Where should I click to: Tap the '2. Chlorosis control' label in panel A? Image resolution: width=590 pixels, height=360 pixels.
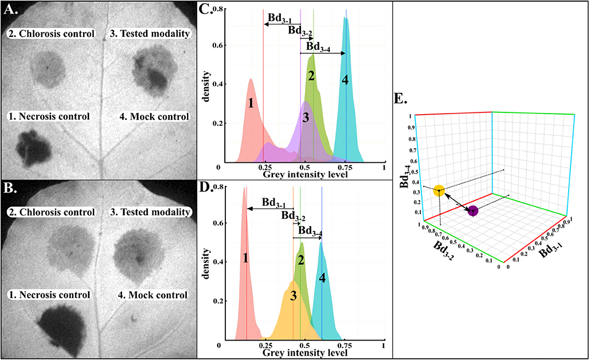click(x=52, y=34)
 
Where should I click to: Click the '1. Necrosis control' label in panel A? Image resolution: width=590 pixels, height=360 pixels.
click(x=49, y=116)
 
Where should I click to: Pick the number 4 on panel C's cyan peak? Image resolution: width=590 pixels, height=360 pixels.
click(x=345, y=80)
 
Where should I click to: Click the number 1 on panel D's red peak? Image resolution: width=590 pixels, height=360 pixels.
click(x=245, y=258)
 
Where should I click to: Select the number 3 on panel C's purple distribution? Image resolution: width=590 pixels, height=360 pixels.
click(x=306, y=118)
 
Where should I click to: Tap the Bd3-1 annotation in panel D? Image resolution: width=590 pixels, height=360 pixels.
click(x=274, y=202)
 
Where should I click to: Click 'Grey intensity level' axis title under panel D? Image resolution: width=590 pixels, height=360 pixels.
click(x=304, y=354)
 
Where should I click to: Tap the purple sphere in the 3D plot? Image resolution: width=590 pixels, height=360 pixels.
click(x=473, y=211)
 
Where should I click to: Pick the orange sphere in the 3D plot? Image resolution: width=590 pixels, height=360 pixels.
click(x=439, y=191)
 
